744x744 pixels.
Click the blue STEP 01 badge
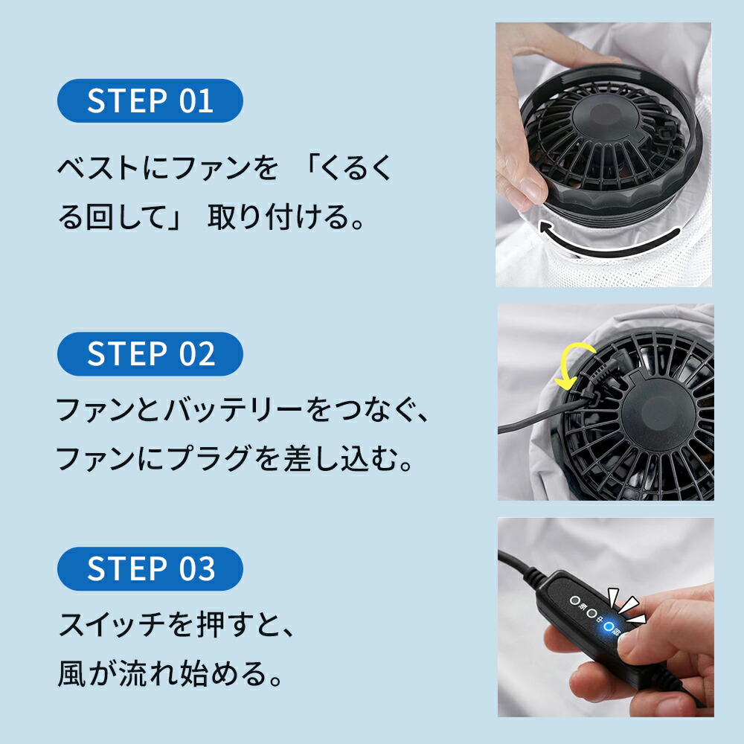tap(150, 100)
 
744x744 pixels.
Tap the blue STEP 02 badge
tap(150, 353)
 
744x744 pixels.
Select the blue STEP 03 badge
tap(150, 568)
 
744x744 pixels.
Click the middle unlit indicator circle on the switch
tap(592, 615)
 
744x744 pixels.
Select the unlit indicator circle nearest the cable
tap(574, 600)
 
